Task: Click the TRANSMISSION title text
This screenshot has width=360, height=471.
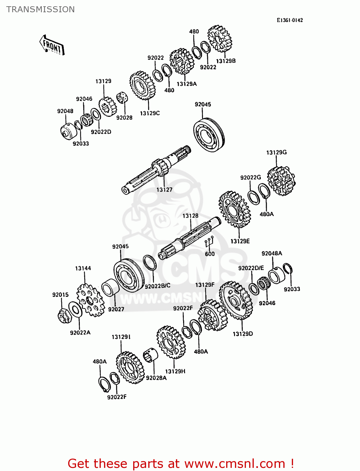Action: [x=41, y=9]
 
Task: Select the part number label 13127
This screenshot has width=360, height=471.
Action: [x=164, y=190]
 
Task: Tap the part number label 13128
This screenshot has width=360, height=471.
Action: [x=190, y=216]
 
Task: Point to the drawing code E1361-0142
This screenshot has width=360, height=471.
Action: [x=290, y=20]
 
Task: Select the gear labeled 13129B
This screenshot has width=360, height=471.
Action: [x=219, y=39]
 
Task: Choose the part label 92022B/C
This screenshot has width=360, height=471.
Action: [x=157, y=286]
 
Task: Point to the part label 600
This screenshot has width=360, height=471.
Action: [x=210, y=254]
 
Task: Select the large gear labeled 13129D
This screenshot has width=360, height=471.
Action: [x=236, y=300]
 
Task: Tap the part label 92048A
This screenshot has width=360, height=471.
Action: [x=272, y=253]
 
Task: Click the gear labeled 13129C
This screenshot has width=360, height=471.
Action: [x=143, y=85]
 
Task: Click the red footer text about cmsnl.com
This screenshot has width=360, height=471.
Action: [x=181, y=463]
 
